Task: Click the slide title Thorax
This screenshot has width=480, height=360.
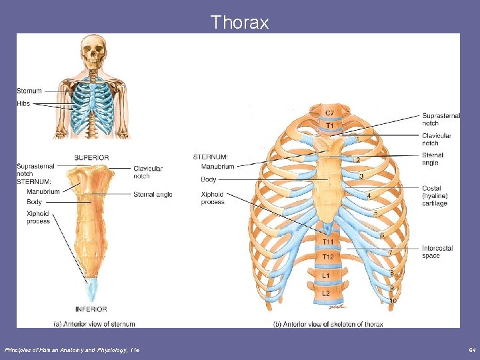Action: tap(239, 23)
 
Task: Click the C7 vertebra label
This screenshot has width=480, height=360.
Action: tap(329, 113)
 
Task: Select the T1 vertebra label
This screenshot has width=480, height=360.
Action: tap(329, 125)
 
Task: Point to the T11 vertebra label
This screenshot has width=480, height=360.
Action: tap(329, 241)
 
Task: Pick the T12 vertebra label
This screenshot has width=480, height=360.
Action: tap(329, 257)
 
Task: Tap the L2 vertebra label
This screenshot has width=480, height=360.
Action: tap(326, 293)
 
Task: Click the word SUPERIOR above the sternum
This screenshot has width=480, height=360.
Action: tap(91, 158)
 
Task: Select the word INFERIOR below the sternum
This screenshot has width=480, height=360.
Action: tap(91, 309)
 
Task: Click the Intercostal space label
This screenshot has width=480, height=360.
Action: tap(437, 252)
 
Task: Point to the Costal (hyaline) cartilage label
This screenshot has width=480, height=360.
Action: tap(435, 196)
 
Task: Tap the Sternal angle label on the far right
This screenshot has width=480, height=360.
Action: tap(433, 159)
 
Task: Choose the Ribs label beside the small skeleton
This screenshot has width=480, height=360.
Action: tap(23, 103)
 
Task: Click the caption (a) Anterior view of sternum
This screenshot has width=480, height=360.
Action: tap(94, 324)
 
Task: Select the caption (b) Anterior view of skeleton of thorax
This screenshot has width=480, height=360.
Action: tap(327, 324)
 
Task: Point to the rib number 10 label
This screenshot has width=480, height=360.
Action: tap(393, 301)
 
